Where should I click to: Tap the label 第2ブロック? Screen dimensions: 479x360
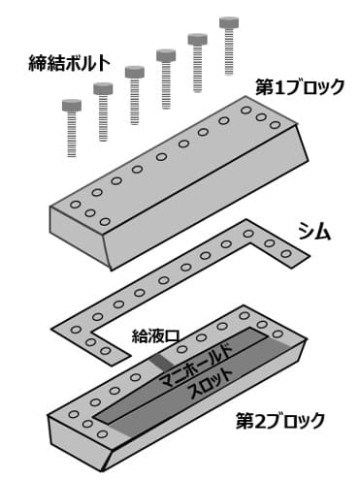(280, 422)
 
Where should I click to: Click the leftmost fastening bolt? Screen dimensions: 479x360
(72, 125)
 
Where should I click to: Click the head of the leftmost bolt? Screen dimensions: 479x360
(72, 103)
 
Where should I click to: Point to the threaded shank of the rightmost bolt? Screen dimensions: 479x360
(231, 57)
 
